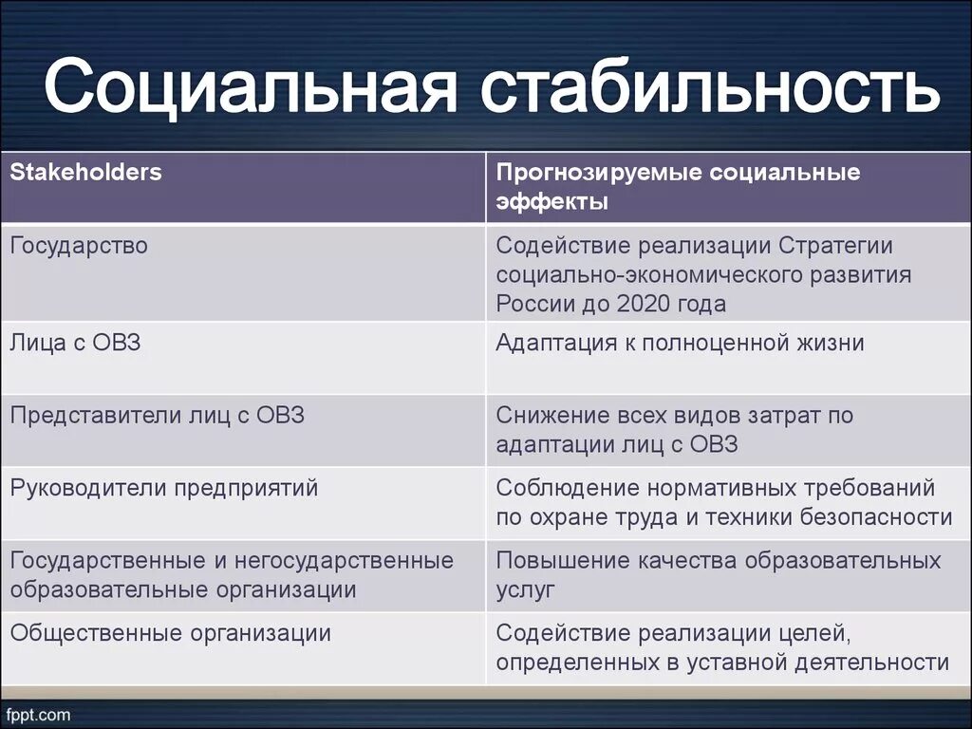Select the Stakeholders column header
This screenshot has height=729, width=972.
click(x=86, y=173)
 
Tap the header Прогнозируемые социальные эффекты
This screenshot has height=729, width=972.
click(x=678, y=187)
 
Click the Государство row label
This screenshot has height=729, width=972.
click(x=79, y=246)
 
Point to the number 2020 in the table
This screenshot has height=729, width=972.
click(x=644, y=304)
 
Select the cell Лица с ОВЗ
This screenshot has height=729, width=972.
click(x=75, y=343)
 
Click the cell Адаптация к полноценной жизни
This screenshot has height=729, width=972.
click(x=680, y=343)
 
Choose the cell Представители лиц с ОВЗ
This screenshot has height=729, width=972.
click(x=157, y=416)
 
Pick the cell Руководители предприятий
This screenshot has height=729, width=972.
click(x=164, y=488)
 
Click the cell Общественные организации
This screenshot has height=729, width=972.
click(x=171, y=633)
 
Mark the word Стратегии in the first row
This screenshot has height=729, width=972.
click(x=836, y=246)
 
